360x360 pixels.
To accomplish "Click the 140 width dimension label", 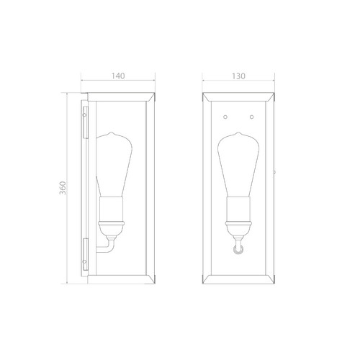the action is [x=118, y=76].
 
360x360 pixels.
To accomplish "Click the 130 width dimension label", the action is [x=238, y=76].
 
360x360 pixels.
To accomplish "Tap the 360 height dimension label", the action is [x=63, y=188].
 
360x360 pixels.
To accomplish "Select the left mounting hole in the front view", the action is [x=225, y=117].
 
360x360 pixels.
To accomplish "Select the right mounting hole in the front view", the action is [x=252, y=117].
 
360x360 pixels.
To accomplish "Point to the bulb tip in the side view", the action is [x=111, y=132].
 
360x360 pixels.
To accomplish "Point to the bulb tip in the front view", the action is [x=238, y=132].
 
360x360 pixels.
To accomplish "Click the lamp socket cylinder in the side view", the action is [x=112, y=209].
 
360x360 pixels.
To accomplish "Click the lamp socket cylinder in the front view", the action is [x=238, y=209].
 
